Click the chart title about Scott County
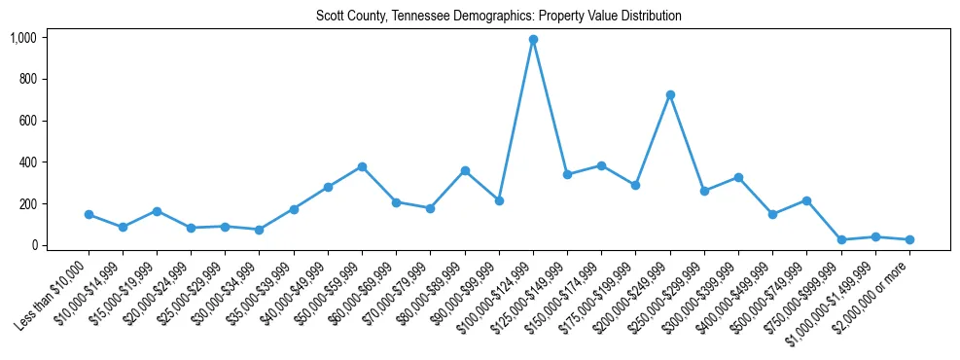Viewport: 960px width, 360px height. [499, 17]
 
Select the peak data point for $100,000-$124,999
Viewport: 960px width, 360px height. [533, 40]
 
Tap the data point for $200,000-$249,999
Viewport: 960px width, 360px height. [670, 94]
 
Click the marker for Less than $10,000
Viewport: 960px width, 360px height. [89, 214]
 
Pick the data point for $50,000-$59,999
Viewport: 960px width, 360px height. [362, 166]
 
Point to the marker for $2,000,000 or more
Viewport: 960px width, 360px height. [909, 239]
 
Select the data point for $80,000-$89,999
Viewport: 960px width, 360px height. [465, 170]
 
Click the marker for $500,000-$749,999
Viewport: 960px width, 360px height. [806, 200]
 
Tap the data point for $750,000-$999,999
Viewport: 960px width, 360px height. [841, 239]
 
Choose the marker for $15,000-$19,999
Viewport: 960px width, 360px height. [157, 211]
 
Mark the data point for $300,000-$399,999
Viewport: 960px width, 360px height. [738, 177]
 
